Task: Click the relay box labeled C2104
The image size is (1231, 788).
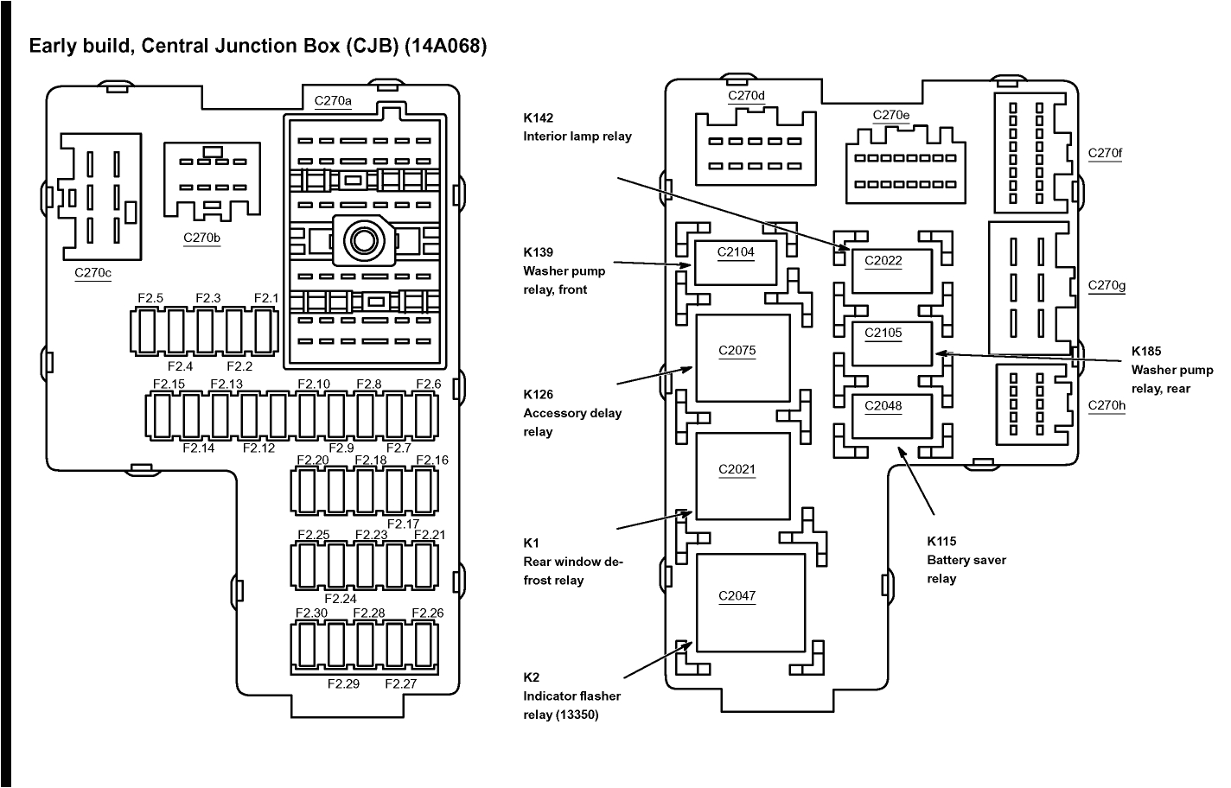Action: click(x=736, y=263)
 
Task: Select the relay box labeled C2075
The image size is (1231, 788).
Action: click(x=742, y=358)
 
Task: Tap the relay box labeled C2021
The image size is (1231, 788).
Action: click(x=742, y=475)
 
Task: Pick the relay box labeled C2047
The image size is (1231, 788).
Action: click(x=749, y=602)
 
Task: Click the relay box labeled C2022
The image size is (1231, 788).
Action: click(x=891, y=270)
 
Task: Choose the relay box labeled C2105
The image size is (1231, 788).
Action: click(x=891, y=343)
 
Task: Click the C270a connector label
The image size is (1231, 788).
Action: click(x=333, y=100)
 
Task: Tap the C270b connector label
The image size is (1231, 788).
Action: click(x=201, y=238)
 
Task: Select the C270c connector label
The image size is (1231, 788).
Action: click(x=92, y=273)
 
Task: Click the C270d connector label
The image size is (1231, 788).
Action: click(x=746, y=96)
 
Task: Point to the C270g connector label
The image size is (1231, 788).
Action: click(x=1107, y=285)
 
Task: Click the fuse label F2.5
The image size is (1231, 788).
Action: click(x=150, y=298)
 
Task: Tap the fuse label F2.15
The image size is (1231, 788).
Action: click(x=169, y=384)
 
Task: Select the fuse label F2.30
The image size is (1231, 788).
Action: click(x=311, y=613)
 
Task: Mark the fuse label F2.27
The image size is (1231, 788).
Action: click(x=400, y=683)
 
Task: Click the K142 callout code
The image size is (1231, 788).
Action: click(x=538, y=118)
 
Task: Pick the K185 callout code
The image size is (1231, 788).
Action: click(x=1146, y=351)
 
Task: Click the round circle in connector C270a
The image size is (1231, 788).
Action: click(x=360, y=237)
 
